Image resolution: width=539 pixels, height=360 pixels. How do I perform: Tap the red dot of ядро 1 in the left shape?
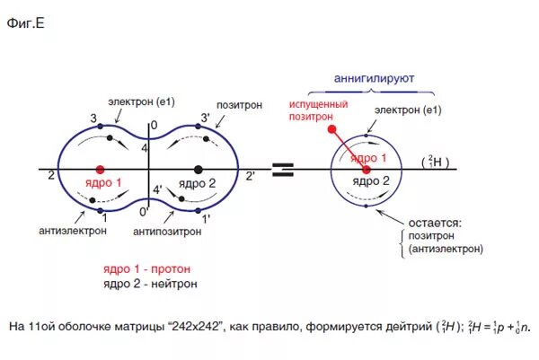(x=100, y=169)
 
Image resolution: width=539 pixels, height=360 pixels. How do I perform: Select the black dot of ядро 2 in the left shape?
(x=198, y=169)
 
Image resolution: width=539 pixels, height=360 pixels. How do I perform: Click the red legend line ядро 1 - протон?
(x=146, y=268)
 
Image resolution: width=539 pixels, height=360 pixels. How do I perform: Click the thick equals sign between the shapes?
(x=282, y=169)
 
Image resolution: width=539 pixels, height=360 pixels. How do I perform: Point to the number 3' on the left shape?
(x=206, y=118)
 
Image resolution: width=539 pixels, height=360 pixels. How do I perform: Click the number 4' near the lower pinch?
(x=158, y=189)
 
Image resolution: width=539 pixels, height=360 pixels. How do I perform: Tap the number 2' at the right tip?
(x=250, y=175)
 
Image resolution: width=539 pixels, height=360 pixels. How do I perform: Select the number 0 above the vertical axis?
(x=153, y=124)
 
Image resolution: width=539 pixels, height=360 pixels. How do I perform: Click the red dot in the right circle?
(x=366, y=169)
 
